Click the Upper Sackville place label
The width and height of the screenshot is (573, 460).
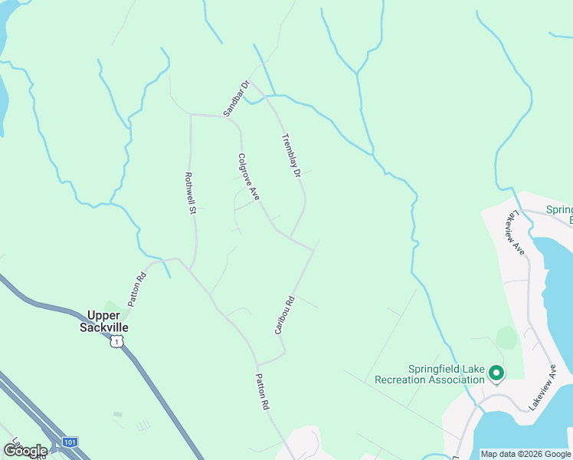(104, 321)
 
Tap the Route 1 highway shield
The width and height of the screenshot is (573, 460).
(116, 340)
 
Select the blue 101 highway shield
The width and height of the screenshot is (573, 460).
(70, 442)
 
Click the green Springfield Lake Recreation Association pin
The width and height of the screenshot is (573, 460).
(496, 374)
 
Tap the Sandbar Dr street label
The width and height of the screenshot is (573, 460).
(237, 99)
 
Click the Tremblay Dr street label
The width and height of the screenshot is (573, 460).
(289, 157)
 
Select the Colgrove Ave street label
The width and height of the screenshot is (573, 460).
(248, 177)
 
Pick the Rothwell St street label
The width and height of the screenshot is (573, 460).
(191, 193)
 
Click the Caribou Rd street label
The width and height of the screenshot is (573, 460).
(285, 315)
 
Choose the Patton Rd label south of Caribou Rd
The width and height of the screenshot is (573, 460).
(262, 391)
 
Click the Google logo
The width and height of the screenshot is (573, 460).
(25, 450)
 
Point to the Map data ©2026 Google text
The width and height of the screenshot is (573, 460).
(525, 454)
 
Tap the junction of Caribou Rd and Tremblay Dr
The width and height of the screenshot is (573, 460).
(313, 249)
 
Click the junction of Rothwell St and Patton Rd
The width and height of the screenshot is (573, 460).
(190, 269)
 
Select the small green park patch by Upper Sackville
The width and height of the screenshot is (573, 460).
(111, 307)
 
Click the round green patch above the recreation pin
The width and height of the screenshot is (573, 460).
(506, 337)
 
